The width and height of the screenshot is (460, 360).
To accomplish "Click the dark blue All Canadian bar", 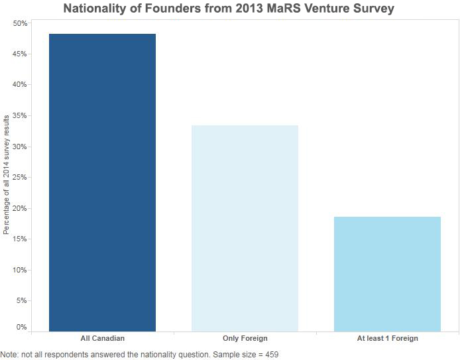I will point(102,182).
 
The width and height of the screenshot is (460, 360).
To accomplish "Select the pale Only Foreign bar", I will point(245,228).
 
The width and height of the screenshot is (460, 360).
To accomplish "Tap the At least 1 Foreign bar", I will point(387,274).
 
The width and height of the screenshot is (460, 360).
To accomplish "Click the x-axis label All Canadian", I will point(102,339).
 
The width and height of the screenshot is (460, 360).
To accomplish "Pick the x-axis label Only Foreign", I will point(245,339).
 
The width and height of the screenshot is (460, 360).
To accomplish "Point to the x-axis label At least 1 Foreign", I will point(387,339).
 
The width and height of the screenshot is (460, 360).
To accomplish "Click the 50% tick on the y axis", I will point(20,23).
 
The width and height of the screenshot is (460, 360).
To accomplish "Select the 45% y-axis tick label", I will point(20,54).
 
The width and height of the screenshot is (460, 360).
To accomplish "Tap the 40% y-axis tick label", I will point(20,85).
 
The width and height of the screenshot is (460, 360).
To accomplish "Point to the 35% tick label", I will point(20,116).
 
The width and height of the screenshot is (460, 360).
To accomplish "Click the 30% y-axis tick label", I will point(20,147).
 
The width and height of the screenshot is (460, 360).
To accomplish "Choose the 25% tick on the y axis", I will point(20,178).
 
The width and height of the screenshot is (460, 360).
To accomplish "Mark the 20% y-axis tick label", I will point(20,208).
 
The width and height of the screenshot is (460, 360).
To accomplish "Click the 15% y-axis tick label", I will point(20,239).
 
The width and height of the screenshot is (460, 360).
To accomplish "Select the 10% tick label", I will point(20,270).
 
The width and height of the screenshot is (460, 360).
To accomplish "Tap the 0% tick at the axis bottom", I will point(22,327).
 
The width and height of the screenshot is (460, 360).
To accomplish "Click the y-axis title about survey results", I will point(7,174).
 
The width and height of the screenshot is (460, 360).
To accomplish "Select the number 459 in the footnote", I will point(272,355).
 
